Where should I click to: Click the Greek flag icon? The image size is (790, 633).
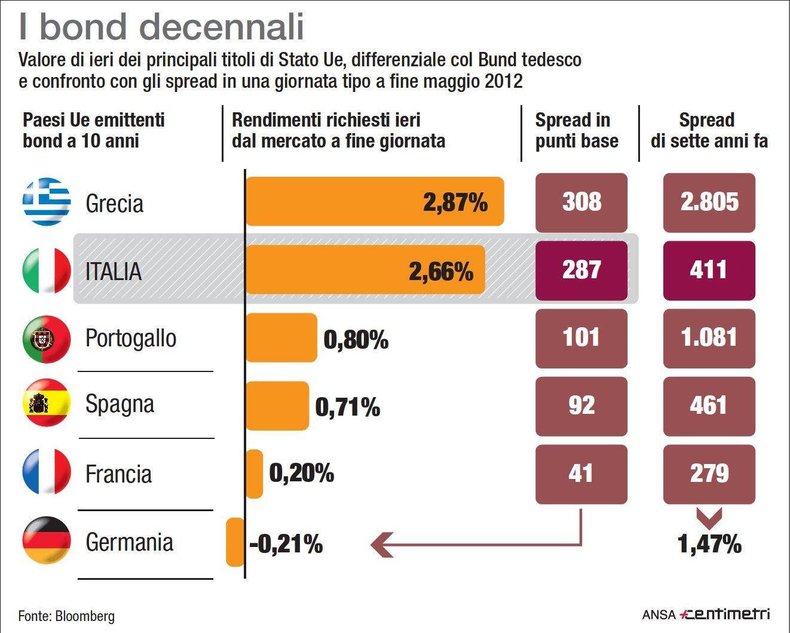tap(46, 202)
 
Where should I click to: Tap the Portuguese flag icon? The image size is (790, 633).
tap(46, 339)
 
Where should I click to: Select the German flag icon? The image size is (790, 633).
tap(46, 540)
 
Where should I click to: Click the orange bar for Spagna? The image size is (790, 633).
tap(277, 406)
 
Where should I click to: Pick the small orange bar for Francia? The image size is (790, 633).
tap(254, 474)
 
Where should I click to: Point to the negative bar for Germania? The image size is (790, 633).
tap(235, 542)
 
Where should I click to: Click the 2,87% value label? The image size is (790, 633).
tap(455, 202)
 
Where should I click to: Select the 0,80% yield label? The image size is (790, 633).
tap(356, 340)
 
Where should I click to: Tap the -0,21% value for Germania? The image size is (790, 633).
tap(286, 544)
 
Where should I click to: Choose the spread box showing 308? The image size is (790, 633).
tap(581, 202)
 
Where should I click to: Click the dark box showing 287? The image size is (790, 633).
tap(581, 270)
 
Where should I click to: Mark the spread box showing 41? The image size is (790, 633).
tap(581, 474)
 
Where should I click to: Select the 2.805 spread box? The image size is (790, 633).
tap(709, 202)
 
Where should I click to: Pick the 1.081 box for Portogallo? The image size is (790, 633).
tap(709, 338)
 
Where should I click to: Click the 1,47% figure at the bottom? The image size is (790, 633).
tap(709, 544)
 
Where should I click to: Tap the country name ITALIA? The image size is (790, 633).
tap(114, 272)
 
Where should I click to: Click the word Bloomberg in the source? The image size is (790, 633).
tap(85, 616)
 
